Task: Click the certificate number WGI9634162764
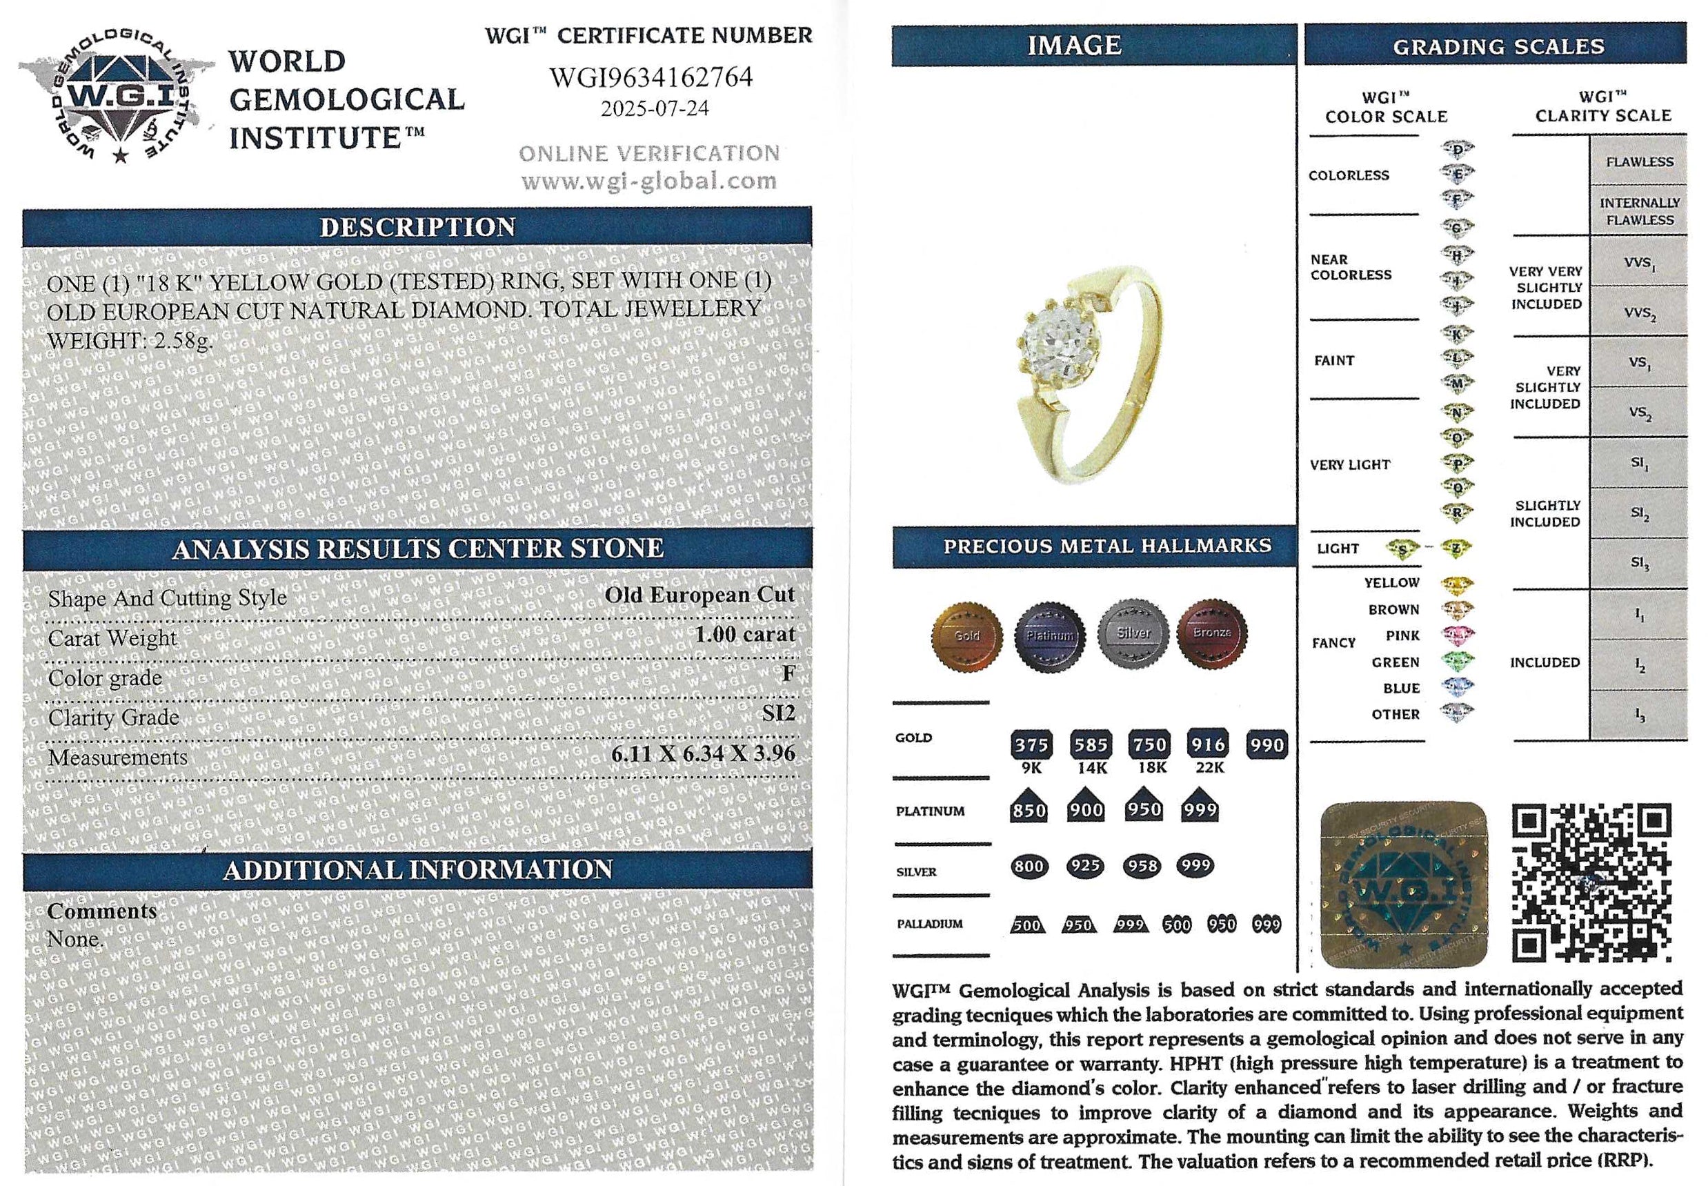pos(651,77)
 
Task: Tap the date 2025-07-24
pos(655,109)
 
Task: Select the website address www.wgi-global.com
pos(648,181)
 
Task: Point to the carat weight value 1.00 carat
pos(744,634)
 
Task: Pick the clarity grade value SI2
pos(779,713)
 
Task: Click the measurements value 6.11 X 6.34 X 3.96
pos(703,753)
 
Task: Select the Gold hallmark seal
pos(966,636)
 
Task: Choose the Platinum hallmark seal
pos(1049,636)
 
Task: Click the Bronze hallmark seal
pos(1212,633)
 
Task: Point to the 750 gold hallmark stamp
pos(1149,744)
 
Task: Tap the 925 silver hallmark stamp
pos(1084,866)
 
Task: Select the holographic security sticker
pos(1402,884)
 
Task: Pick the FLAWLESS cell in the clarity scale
pos(1639,161)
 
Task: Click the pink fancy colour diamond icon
pos(1457,635)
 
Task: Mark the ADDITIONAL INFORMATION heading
pos(417,870)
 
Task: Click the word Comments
pos(102,911)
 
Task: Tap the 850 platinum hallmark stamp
pos(1029,809)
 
